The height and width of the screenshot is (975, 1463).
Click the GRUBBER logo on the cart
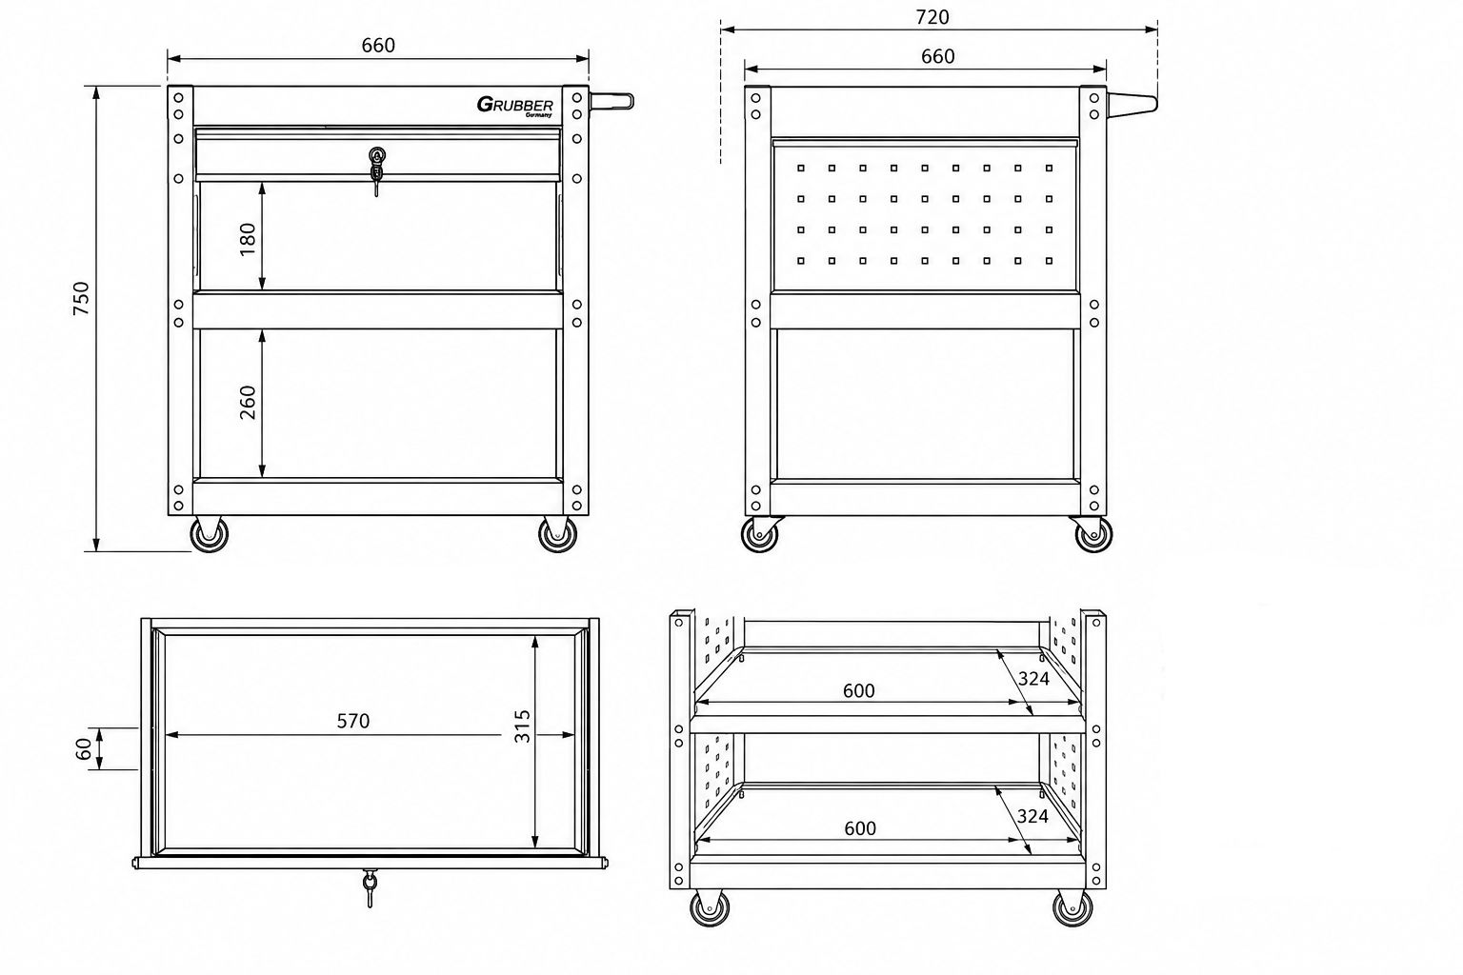click(514, 106)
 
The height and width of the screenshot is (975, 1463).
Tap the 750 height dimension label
click(81, 298)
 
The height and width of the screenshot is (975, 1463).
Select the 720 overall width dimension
click(932, 17)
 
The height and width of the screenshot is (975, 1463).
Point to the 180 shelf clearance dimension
click(248, 240)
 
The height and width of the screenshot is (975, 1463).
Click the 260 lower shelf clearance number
click(248, 402)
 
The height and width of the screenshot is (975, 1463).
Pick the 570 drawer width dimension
click(353, 721)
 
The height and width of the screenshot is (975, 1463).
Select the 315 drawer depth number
click(522, 726)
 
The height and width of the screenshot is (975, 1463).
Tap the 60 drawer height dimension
click(84, 749)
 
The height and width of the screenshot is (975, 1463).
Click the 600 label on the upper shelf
click(858, 691)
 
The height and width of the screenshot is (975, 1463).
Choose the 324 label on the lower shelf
click(1032, 816)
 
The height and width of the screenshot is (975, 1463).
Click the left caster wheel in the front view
click(209, 534)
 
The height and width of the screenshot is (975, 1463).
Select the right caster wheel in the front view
click(558, 534)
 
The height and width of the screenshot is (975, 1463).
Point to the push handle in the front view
click(611, 102)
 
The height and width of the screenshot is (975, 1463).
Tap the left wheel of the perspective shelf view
click(710, 907)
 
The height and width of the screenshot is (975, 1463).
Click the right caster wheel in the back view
click(1092, 534)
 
